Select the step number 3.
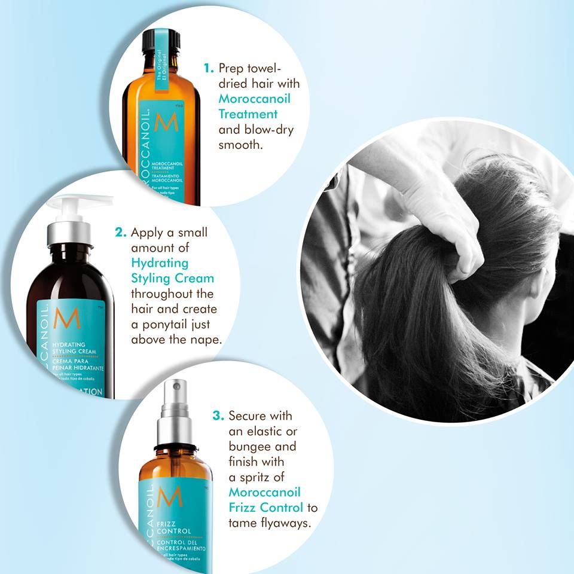[x=219, y=415]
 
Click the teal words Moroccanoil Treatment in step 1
[x=248, y=105]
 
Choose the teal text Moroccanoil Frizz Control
[x=265, y=500]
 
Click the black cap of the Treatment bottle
[x=161, y=39]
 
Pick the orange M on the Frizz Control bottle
[x=174, y=496]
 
